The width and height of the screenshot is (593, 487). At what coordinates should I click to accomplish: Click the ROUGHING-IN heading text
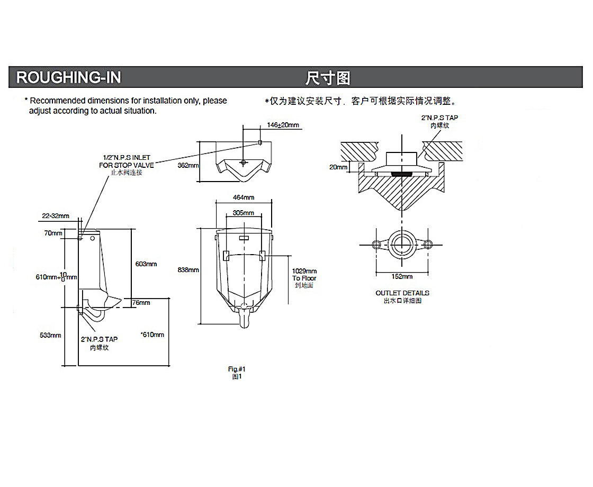69,78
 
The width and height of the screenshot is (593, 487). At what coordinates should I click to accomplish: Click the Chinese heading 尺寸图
328,78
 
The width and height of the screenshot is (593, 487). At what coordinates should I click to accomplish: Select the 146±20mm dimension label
283,125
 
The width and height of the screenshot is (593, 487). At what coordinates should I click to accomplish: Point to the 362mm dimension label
188,165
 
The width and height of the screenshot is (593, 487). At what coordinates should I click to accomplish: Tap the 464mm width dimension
244,197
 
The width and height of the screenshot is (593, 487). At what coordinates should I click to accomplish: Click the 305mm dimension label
244,213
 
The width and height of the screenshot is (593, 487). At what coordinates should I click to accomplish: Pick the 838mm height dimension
188,270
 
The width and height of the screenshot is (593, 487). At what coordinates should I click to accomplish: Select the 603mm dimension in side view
146,264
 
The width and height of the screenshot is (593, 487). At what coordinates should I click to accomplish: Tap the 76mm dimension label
141,303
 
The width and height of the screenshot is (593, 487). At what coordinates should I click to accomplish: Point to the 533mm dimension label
51,335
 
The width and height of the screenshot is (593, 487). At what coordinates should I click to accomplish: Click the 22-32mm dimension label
56,215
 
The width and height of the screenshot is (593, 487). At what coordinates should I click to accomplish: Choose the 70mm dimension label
53,233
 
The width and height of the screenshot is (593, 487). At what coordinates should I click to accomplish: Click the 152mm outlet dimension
402,276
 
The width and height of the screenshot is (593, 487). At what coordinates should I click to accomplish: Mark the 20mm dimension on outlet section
338,167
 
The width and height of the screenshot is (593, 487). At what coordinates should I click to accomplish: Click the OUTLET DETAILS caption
402,293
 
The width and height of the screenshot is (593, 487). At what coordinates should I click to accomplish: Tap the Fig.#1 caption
237,369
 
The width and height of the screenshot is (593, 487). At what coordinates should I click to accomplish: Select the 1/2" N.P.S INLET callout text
127,158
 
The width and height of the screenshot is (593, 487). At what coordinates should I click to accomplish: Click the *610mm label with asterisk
152,335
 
